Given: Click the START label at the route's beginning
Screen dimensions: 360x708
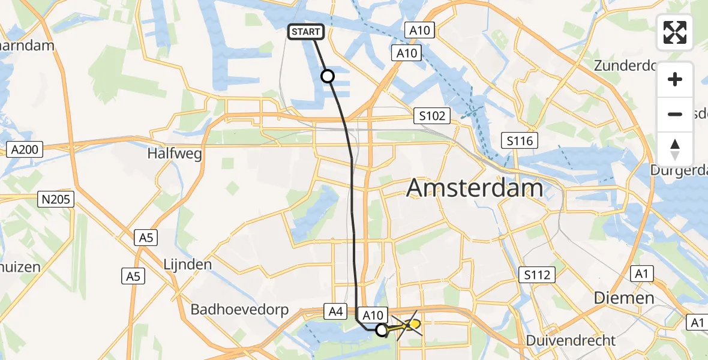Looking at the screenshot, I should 307,32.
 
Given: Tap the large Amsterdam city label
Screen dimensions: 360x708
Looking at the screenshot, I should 475,188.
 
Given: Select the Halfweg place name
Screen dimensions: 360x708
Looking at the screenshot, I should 175,154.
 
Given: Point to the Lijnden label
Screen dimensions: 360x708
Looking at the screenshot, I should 188,264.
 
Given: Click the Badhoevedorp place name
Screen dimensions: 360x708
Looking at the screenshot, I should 239,310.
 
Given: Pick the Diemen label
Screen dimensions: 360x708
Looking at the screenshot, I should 623,298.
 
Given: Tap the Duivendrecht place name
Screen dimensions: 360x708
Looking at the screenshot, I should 571,341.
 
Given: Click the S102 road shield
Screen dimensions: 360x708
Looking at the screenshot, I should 432,115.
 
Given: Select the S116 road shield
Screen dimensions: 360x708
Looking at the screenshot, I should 520,141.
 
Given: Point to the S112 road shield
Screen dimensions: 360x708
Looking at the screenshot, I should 536,275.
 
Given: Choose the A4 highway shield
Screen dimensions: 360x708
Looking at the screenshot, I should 335,311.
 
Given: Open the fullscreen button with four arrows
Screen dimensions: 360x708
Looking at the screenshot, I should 675,32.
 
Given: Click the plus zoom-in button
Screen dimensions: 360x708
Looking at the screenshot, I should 675,79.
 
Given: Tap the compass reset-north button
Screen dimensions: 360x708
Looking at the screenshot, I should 675,149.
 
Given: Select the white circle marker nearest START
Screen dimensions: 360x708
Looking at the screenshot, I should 328,76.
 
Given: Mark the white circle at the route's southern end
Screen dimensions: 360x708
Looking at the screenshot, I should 382,329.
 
